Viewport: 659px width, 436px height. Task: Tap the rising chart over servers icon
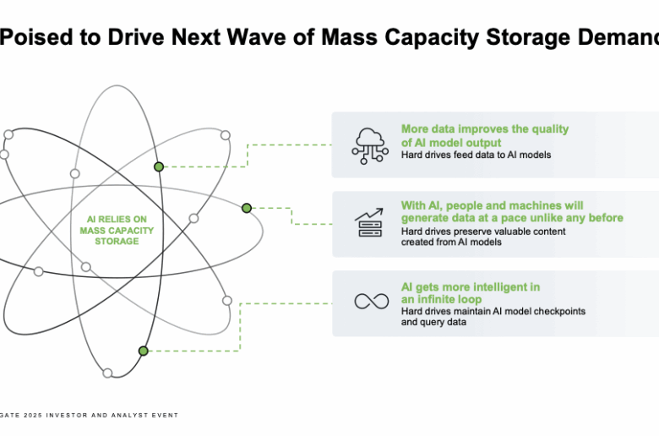tap(369, 222)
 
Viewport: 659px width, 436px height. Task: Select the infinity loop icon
tap(372, 301)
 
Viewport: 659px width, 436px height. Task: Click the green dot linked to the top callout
tap(159, 167)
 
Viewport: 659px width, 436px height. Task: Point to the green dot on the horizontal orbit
tap(247, 208)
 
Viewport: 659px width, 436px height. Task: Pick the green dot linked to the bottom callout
tap(144, 351)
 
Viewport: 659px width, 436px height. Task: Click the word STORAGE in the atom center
tap(117, 242)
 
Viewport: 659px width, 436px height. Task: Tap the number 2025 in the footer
tap(33, 415)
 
